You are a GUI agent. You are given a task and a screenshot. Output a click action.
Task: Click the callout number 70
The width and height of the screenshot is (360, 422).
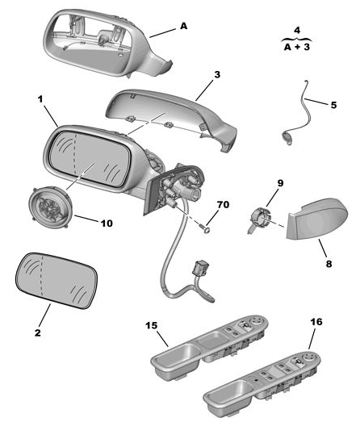pyautogui.click(x=223, y=205)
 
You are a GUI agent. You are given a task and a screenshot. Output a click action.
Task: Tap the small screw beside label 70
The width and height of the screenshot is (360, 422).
pyautogui.click(x=206, y=229)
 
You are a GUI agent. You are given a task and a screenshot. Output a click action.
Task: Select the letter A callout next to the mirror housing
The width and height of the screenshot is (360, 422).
pyautogui.click(x=183, y=26)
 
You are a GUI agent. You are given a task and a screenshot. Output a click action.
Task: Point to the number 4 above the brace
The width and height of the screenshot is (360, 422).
pyautogui.click(x=297, y=30)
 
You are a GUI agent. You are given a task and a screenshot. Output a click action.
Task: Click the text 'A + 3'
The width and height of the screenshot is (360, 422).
pyautogui.click(x=297, y=47)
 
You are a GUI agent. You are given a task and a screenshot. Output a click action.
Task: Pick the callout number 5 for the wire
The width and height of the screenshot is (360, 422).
pyautogui.click(x=333, y=105)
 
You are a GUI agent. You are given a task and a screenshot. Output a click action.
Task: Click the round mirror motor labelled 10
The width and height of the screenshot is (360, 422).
pyautogui.click(x=50, y=207)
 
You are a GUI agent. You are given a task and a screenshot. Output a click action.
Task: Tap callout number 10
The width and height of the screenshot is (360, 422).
pyautogui.click(x=107, y=224)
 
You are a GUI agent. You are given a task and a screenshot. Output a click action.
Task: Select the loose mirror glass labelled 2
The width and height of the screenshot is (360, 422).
pyautogui.click(x=57, y=281)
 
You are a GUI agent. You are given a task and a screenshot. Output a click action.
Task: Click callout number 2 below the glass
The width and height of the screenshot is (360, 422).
pyautogui.click(x=38, y=332)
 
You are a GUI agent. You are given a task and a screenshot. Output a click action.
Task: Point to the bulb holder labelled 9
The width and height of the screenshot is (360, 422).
pyautogui.click(x=258, y=219)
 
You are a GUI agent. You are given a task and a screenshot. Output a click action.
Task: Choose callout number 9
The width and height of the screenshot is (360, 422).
pyautogui.click(x=280, y=183)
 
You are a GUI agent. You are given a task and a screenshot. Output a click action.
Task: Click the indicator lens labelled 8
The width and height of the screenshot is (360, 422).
pyautogui.click(x=316, y=219)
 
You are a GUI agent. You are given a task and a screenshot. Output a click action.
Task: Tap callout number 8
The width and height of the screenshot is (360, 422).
pyautogui.click(x=329, y=264)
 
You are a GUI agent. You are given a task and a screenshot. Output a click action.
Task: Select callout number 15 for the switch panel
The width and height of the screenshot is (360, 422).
pyautogui.click(x=151, y=325)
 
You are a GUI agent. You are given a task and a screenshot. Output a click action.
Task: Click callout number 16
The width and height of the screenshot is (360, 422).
pyautogui.click(x=316, y=322)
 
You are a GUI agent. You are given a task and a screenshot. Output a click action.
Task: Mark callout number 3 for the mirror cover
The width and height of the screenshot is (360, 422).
pyautogui.click(x=217, y=74)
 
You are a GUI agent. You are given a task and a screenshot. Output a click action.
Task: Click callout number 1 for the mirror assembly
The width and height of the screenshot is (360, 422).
pyautogui.click(x=40, y=99)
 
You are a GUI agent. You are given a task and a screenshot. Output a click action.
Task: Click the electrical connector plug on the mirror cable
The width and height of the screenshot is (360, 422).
pyautogui.click(x=199, y=269)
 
